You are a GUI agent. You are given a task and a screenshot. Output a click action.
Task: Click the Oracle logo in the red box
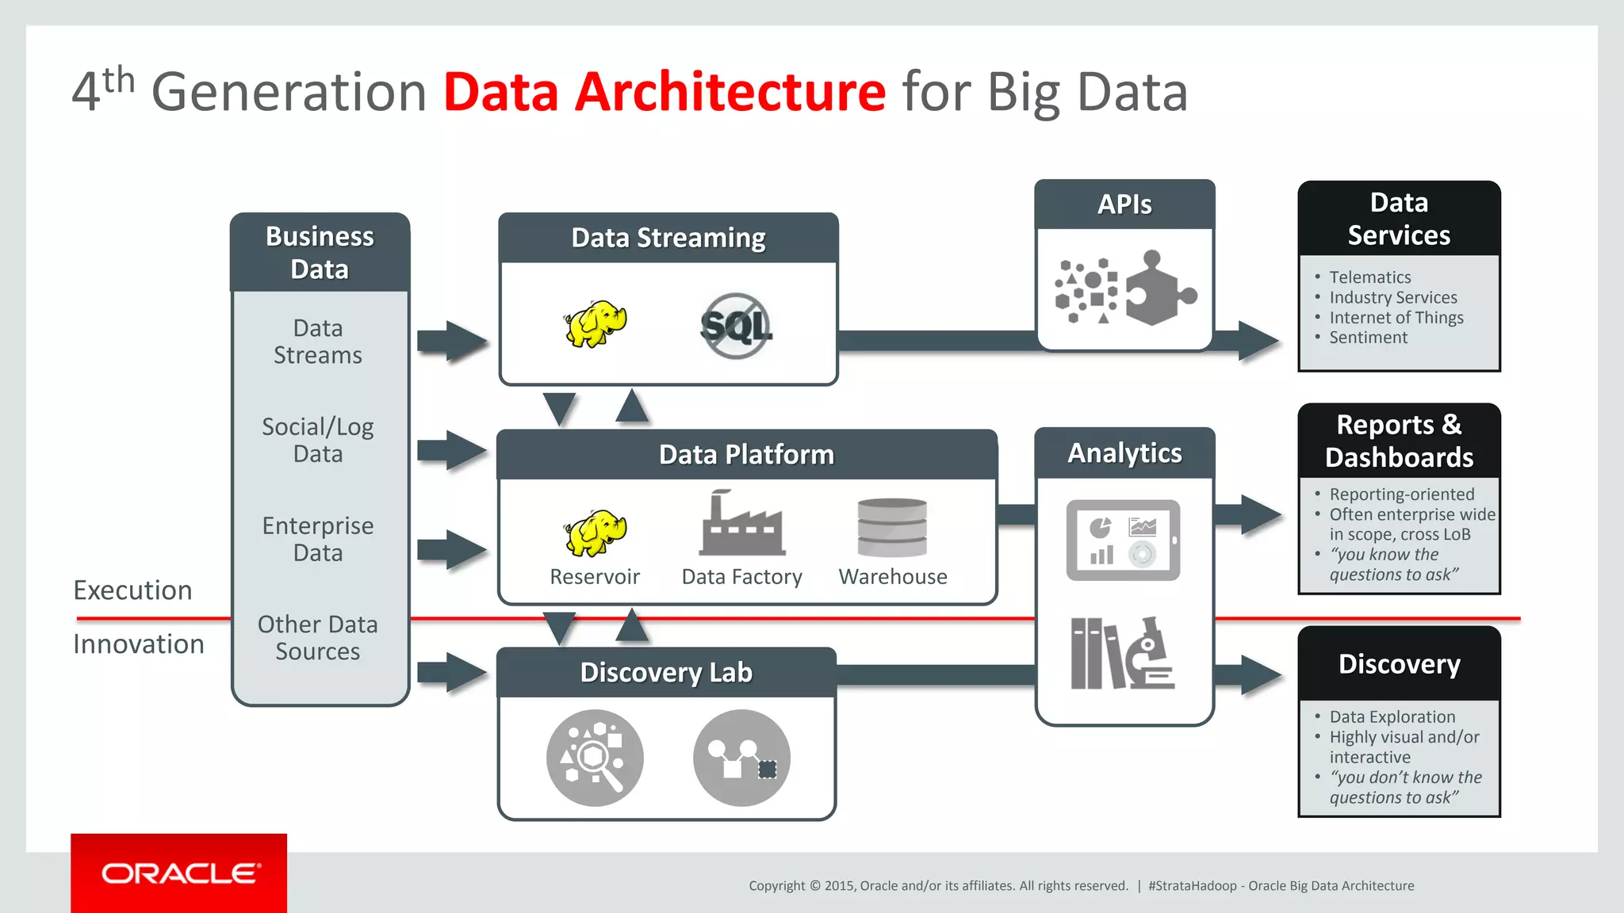coord(180,873)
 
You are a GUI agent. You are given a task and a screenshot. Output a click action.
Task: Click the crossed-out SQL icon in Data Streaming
coord(736,326)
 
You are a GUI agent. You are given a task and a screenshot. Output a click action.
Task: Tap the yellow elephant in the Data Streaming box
coord(595,323)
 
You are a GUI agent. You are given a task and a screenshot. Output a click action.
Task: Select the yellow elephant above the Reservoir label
coord(595,533)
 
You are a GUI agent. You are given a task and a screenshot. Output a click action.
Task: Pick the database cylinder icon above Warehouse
coord(892,527)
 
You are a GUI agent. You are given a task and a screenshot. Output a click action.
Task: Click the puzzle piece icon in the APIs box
coord(1159,290)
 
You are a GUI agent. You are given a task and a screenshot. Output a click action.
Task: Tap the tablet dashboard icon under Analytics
coord(1122,540)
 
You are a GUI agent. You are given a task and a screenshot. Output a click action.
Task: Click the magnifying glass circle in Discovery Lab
coord(595,758)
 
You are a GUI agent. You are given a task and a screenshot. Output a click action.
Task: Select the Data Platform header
coord(746,455)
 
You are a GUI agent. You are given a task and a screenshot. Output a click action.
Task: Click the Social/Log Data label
coord(318,440)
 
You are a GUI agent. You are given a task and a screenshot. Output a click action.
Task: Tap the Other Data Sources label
coord(318,637)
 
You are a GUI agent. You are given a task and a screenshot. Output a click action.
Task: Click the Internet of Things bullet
coord(1396,318)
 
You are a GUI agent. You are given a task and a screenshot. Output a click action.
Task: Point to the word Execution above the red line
coord(132,590)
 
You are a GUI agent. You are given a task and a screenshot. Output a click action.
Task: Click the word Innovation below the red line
coord(139,644)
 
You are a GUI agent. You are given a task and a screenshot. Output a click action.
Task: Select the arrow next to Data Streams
coord(451,342)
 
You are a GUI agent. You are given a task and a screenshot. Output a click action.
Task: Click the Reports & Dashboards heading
coord(1399,441)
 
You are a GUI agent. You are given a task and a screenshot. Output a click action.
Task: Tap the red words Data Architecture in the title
coord(665,92)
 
